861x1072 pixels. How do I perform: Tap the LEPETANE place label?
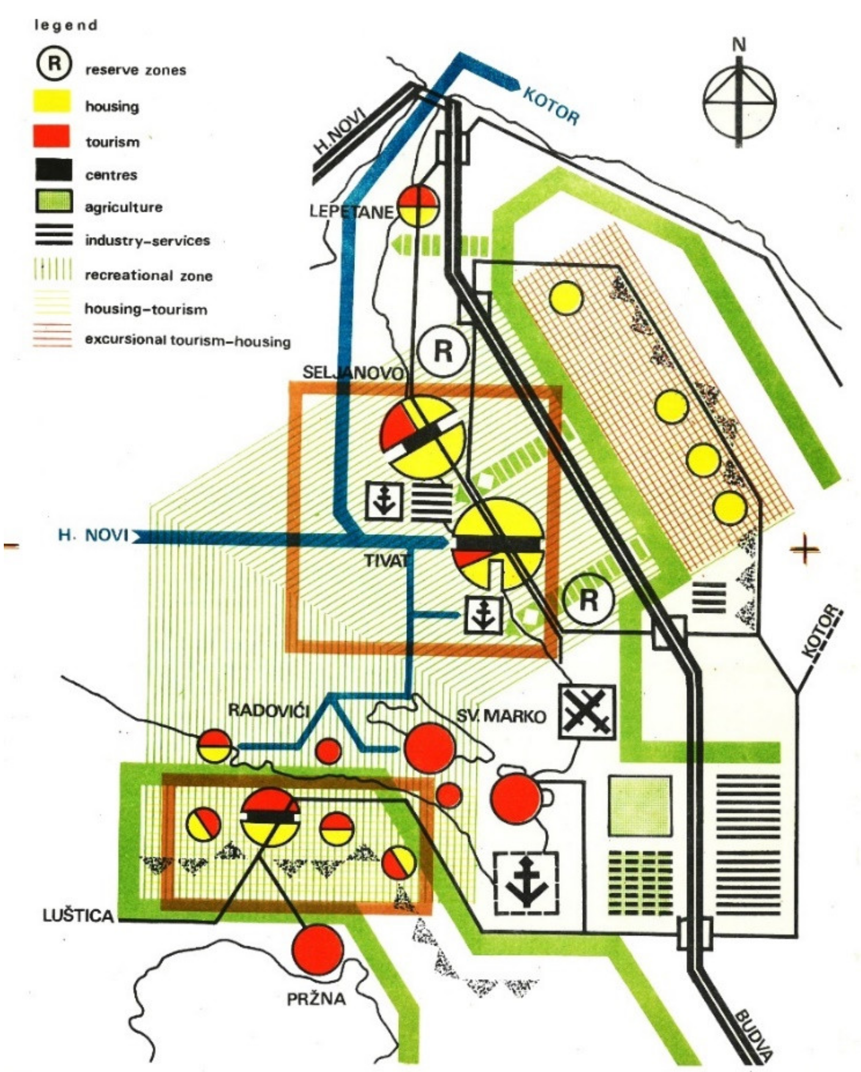click(351, 212)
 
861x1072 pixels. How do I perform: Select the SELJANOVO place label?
click(354, 373)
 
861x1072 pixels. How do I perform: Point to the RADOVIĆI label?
click(268, 710)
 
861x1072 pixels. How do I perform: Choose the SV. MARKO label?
click(501, 716)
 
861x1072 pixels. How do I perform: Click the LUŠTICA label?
click(78, 916)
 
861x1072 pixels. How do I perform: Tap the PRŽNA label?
click(316, 999)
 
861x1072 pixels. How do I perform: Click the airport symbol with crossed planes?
click(587, 712)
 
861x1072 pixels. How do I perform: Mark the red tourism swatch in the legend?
click(52, 136)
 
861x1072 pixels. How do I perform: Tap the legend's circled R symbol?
click(54, 64)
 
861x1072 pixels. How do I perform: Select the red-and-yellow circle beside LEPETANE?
click(419, 205)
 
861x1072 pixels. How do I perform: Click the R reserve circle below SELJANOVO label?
click(443, 351)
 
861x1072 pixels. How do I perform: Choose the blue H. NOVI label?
click(93, 536)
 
